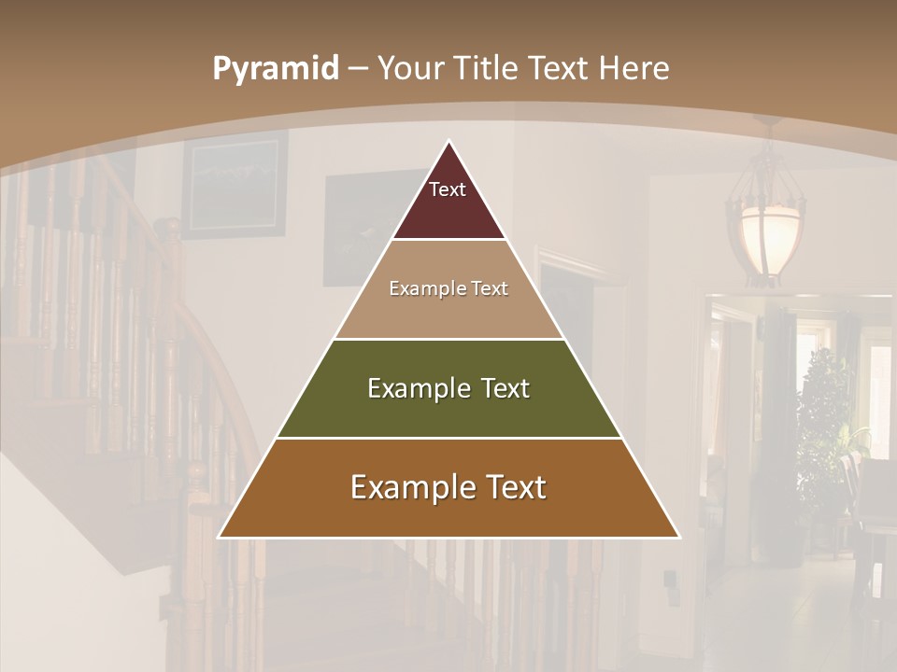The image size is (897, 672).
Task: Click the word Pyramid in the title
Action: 276,69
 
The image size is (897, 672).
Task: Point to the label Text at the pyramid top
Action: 448,189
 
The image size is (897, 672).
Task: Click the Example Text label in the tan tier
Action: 448,288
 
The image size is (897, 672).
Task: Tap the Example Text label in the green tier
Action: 448,388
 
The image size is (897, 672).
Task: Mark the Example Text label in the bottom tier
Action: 448,487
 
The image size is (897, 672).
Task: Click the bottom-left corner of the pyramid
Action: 220,537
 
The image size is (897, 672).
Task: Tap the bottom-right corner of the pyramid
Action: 678,537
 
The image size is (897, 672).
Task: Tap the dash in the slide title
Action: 358,69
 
